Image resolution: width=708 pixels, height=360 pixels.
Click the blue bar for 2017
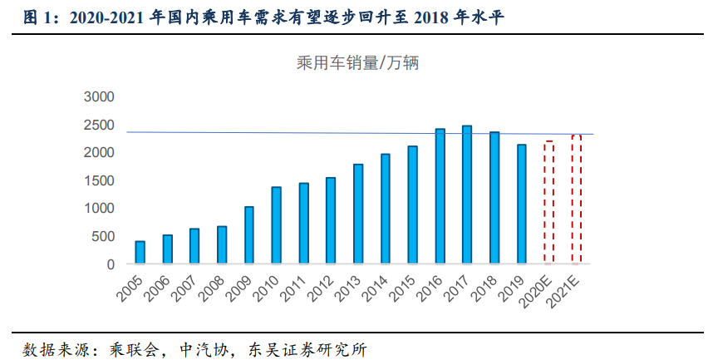point(467,195)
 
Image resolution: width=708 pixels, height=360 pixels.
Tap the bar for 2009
point(248,235)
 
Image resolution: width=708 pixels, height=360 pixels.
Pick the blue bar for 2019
point(521,205)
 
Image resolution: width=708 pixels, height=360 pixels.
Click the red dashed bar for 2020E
point(548,203)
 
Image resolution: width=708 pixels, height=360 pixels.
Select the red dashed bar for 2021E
point(576,200)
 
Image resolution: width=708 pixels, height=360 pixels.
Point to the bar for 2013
point(357,214)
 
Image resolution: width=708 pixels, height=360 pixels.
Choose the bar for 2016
point(440,196)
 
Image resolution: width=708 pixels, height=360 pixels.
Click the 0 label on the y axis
point(110,264)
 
